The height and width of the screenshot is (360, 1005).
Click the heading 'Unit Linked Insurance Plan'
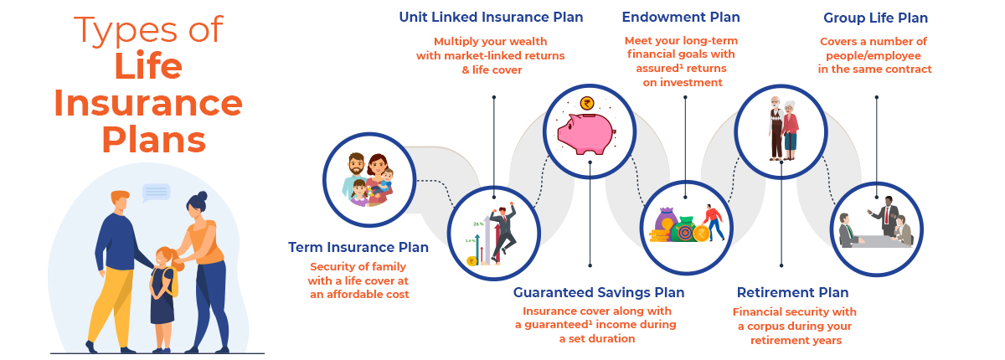point(491,18)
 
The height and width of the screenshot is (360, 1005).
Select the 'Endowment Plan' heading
point(681,18)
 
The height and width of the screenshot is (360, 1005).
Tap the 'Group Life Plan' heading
point(875,18)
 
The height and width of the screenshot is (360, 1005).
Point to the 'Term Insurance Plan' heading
point(358,248)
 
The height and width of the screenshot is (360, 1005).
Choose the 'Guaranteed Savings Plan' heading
point(599,293)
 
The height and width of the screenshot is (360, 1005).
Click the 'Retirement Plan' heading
point(792,293)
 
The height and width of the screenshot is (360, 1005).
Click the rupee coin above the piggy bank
point(585,105)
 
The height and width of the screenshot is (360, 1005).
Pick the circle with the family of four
point(369,178)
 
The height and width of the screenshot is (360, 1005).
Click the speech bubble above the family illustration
point(156,193)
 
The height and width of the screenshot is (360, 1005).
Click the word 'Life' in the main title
point(147,66)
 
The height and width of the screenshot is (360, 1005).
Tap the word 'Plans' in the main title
point(154,139)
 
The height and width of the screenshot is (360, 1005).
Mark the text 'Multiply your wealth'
point(491,41)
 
